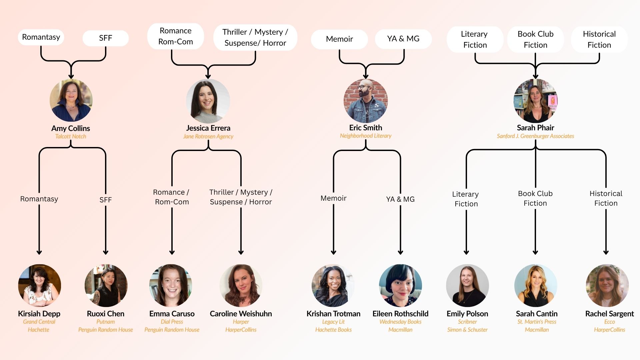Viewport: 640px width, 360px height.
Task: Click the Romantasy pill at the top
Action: [41, 37]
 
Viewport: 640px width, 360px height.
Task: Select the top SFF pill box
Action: [106, 38]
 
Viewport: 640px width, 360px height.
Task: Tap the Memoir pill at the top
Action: [339, 39]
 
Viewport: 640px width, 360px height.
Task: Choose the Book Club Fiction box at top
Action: [535, 39]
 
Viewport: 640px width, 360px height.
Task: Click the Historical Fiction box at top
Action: [599, 39]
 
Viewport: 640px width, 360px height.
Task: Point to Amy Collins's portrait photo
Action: [71, 100]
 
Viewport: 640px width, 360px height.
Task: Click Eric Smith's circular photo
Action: [366, 100]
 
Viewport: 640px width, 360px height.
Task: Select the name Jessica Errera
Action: [208, 128]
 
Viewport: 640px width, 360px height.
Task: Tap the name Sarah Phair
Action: [535, 128]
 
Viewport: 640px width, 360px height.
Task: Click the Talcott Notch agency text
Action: [71, 136]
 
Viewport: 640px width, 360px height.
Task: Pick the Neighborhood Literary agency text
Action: [366, 136]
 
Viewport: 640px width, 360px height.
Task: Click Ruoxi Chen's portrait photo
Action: [106, 286]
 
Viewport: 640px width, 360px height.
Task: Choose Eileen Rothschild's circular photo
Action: [400, 286]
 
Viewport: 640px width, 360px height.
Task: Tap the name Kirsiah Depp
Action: [39, 314]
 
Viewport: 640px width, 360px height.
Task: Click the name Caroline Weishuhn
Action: [241, 314]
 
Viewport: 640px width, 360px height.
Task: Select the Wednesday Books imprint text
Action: [400, 322]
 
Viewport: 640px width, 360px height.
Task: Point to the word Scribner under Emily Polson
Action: [467, 322]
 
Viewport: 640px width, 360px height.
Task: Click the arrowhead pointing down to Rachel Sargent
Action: [606, 252]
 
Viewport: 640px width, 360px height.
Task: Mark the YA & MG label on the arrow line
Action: [400, 199]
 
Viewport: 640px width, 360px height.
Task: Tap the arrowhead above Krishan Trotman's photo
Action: [333, 252]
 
